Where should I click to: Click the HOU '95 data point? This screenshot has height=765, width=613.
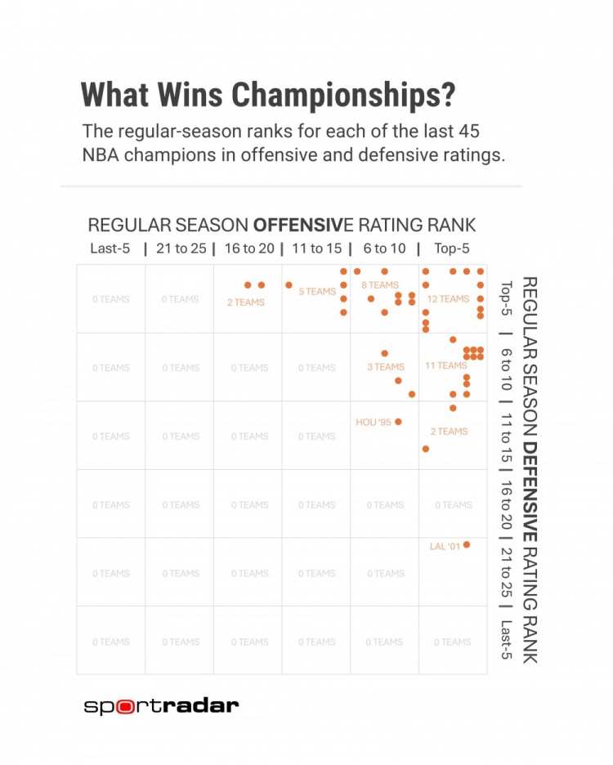pyautogui.click(x=398, y=422)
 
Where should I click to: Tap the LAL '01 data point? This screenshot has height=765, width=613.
pyautogui.click(x=466, y=545)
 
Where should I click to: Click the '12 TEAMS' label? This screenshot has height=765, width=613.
pyautogui.click(x=449, y=299)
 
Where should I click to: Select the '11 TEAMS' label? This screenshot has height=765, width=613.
pyautogui.click(x=446, y=366)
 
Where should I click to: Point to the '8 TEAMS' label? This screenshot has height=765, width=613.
pyautogui.click(x=380, y=285)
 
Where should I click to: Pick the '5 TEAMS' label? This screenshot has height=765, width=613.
pyautogui.click(x=317, y=292)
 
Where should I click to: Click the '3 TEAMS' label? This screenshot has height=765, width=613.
pyautogui.click(x=386, y=368)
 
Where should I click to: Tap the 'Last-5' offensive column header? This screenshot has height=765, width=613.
pyautogui.click(x=110, y=248)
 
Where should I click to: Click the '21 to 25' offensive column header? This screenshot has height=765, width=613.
pyautogui.click(x=181, y=248)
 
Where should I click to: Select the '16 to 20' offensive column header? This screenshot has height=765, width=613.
pyautogui.click(x=249, y=248)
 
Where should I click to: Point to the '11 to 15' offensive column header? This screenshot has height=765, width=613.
pyautogui.click(x=317, y=248)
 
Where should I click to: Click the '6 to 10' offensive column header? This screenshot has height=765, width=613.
pyautogui.click(x=385, y=248)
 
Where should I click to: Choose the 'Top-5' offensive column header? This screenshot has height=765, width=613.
pyautogui.click(x=452, y=248)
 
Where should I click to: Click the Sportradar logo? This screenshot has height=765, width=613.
pyautogui.click(x=162, y=706)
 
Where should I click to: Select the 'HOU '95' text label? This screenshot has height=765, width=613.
pyautogui.click(x=374, y=423)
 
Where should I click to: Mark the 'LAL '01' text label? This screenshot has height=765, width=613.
pyautogui.click(x=445, y=546)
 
